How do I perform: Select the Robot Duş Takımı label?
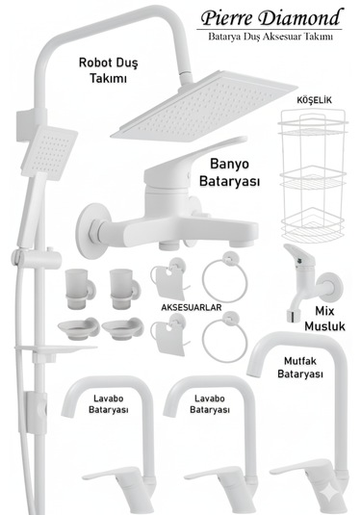[x=109, y=70]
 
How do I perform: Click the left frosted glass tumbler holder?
[x=75, y=285]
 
